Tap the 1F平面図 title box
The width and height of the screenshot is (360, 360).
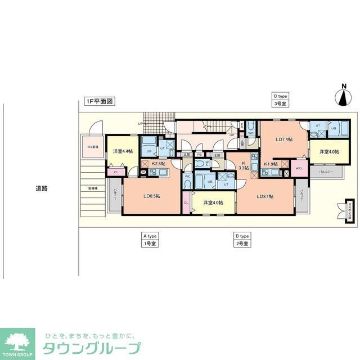tap(100, 102)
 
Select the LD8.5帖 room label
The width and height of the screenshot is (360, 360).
tap(151, 196)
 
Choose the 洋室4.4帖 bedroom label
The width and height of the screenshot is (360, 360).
tap(122, 151)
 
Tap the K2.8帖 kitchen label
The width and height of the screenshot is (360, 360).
tap(157, 163)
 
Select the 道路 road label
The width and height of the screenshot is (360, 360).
tap(41, 189)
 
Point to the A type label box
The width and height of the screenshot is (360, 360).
tap(150, 236)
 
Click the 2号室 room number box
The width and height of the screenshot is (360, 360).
tap(242, 244)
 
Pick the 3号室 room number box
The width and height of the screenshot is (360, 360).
tap(280, 104)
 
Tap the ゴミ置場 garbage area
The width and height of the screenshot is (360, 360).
tap(92, 147)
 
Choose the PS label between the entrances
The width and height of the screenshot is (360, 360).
tap(199, 154)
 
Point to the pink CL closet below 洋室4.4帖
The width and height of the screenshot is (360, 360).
tap(116, 172)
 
